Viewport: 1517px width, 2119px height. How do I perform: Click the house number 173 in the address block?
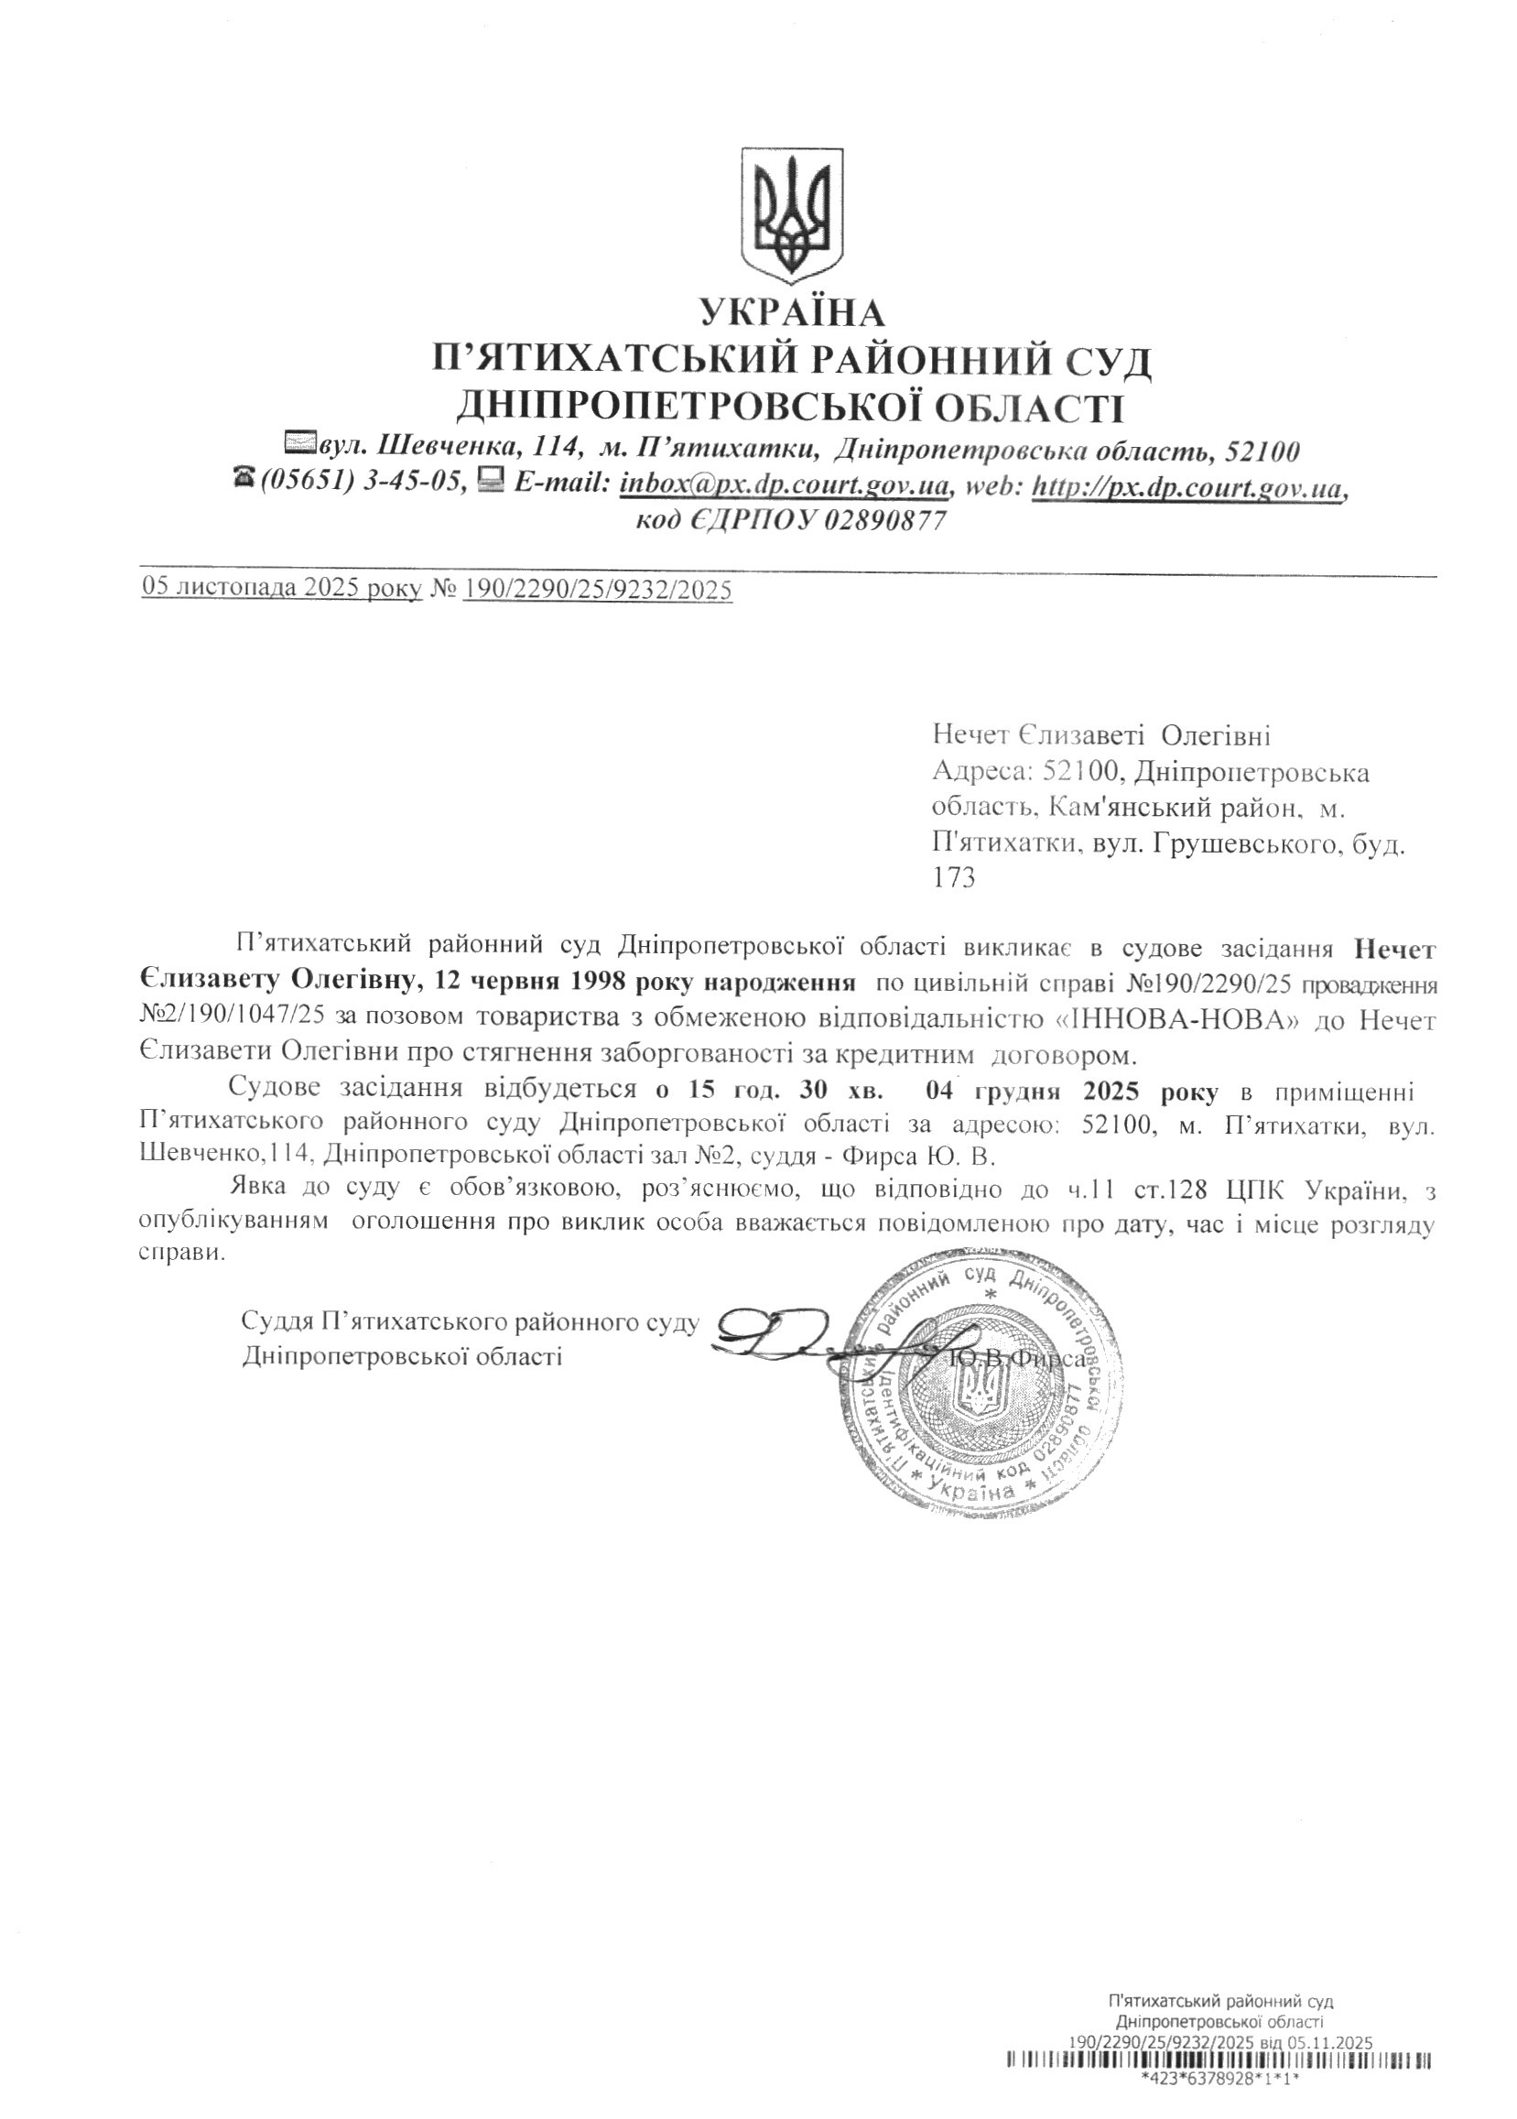954,878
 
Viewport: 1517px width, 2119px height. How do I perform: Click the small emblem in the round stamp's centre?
977,1401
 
